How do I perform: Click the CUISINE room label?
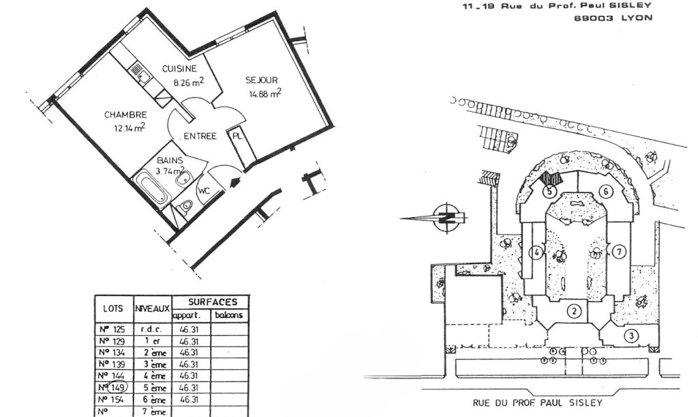pyautogui.click(x=179, y=68)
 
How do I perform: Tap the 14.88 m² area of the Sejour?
pyautogui.click(x=263, y=94)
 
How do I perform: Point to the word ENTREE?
pyautogui.click(x=200, y=136)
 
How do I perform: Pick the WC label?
pyautogui.click(x=204, y=192)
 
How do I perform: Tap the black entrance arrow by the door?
pyautogui.click(x=236, y=183)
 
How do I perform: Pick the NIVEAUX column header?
pyautogui.click(x=152, y=308)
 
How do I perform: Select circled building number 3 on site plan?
pyautogui.click(x=631, y=334)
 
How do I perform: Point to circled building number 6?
pyautogui.click(x=604, y=190)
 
